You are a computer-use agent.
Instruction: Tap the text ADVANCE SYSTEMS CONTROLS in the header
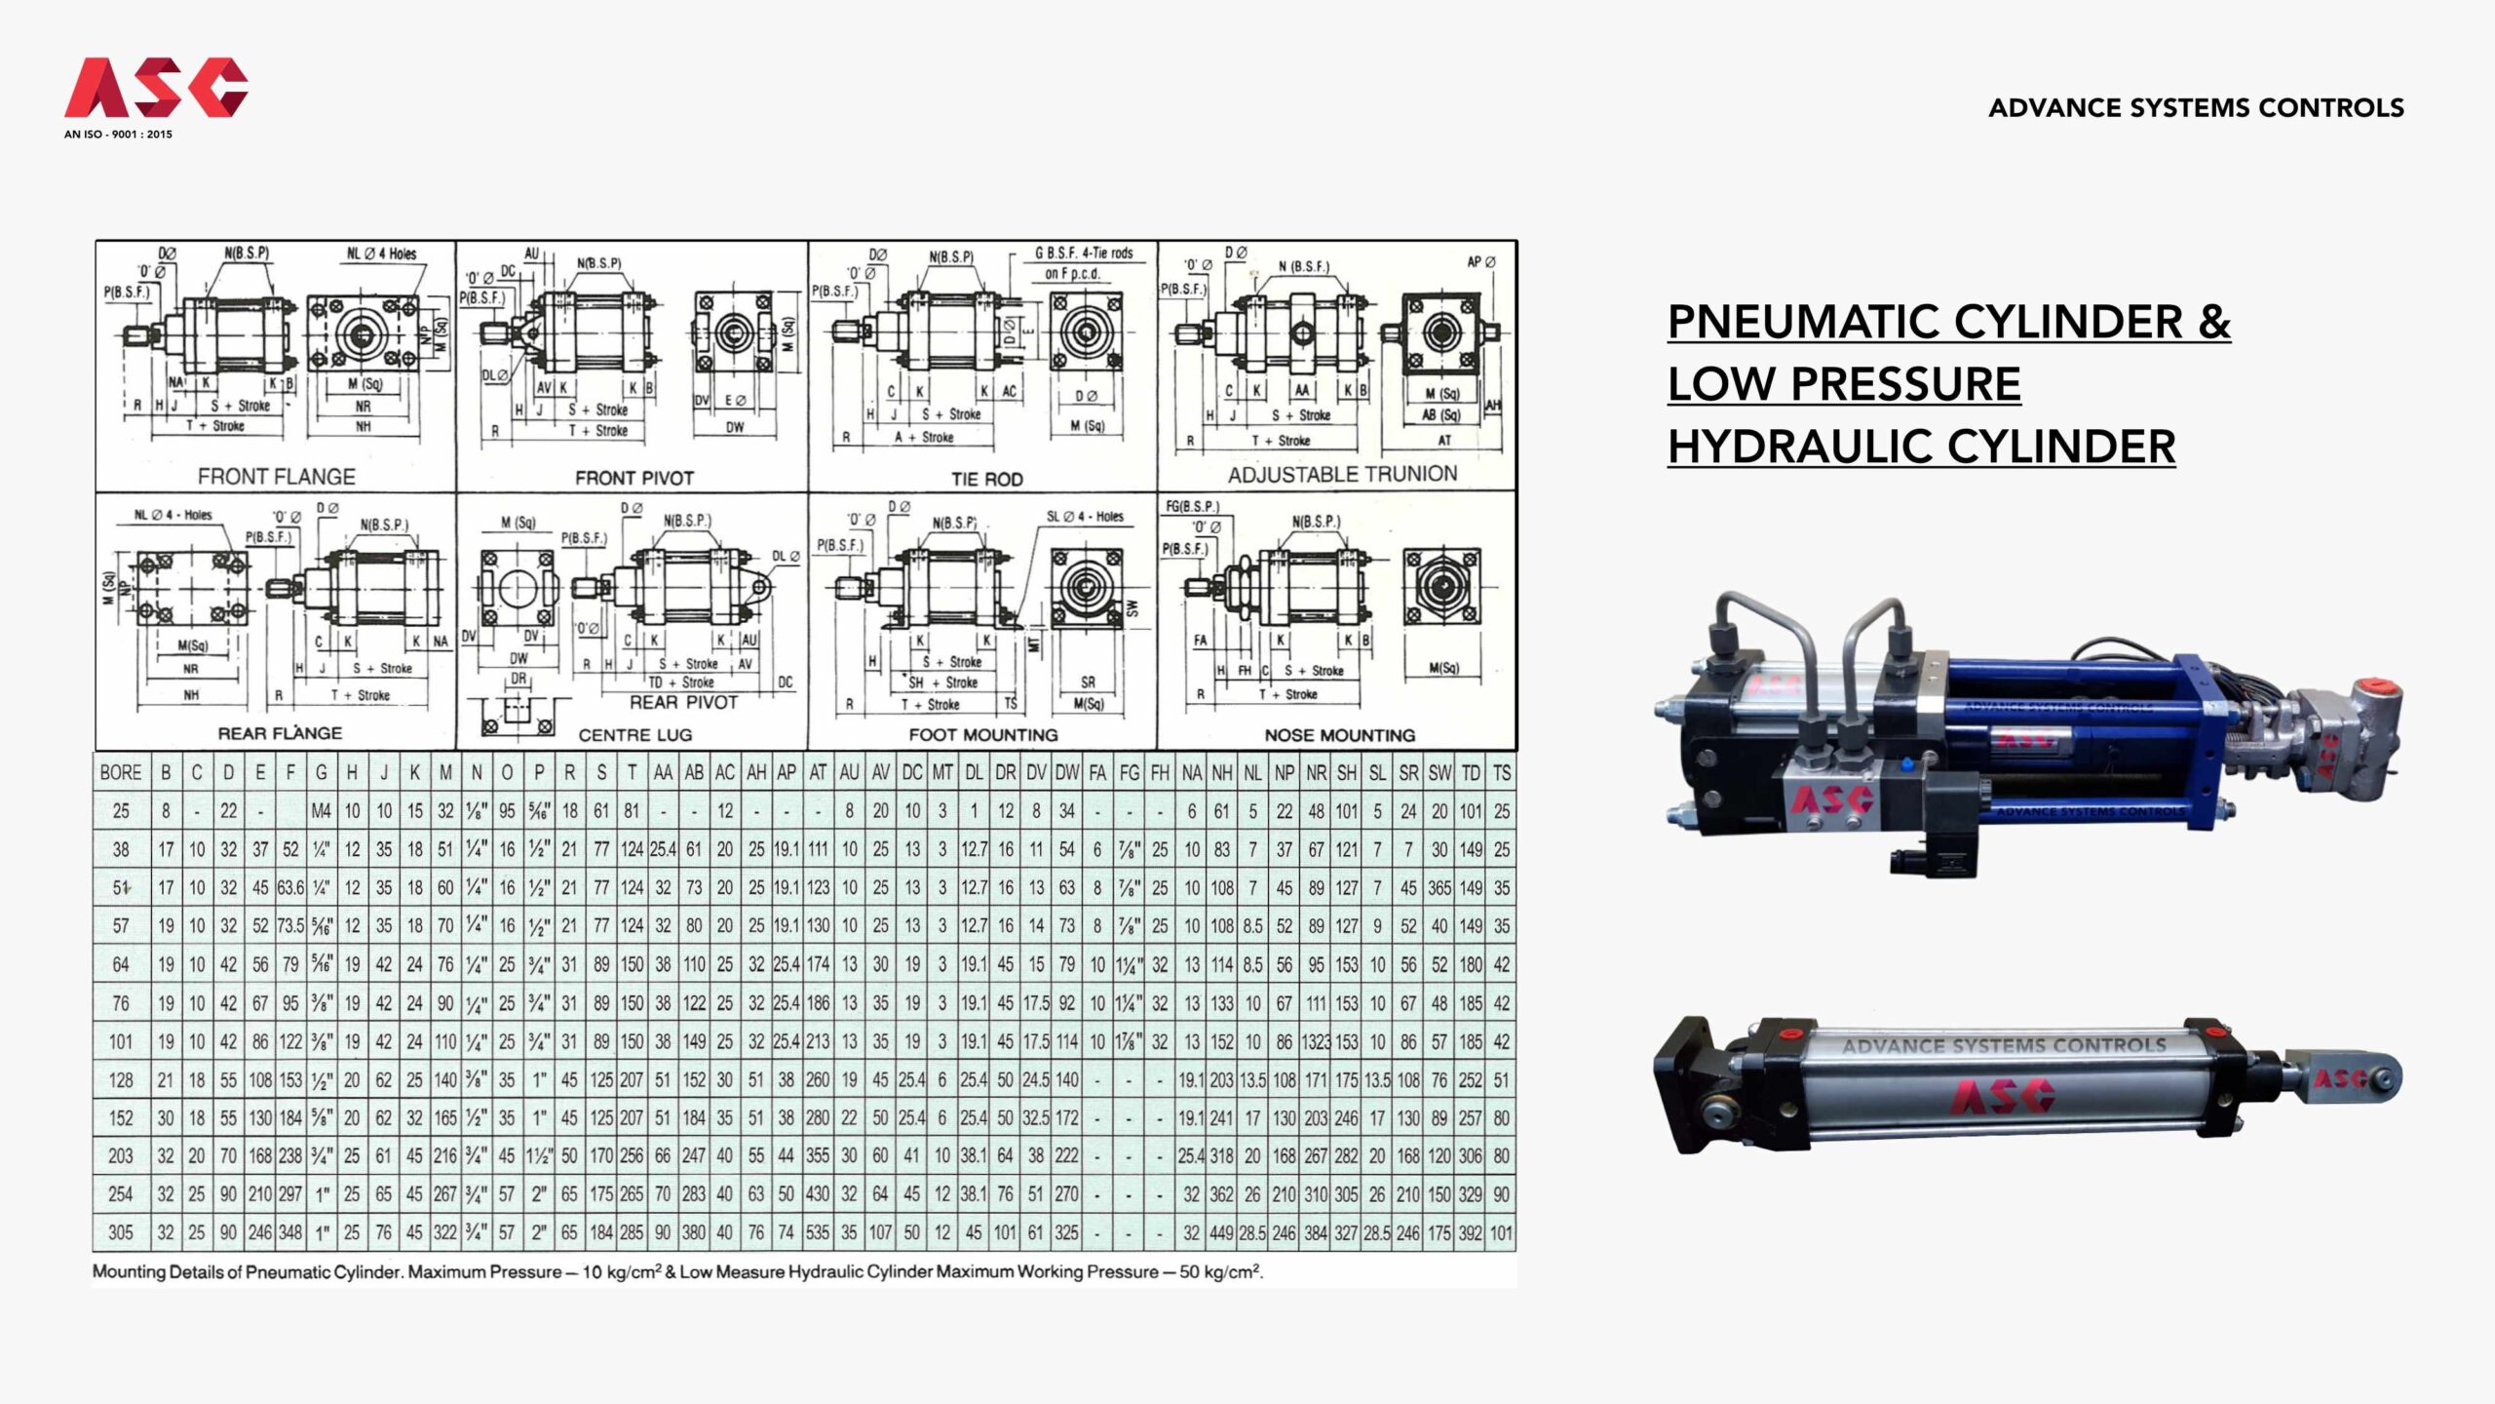pos(2196,107)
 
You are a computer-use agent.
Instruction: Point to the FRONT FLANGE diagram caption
pos(276,477)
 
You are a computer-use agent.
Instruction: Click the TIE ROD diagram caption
pos(986,479)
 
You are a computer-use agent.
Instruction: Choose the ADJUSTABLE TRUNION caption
pos(1342,475)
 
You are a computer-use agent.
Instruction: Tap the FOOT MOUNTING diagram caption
pos(982,735)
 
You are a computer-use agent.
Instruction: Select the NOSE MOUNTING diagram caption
pos(1339,735)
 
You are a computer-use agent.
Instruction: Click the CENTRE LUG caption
pos(634,735)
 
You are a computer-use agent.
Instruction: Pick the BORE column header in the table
pos(120,773)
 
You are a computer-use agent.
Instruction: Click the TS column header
pos(1501,773)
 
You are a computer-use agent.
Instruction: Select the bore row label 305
pos(120,1232)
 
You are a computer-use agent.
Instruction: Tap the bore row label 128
pos(120,1080)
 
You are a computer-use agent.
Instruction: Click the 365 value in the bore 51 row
pos(1439,888)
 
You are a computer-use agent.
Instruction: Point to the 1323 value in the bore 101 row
pos(1316,1042)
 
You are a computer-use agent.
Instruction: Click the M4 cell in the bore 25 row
pos(321,811)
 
